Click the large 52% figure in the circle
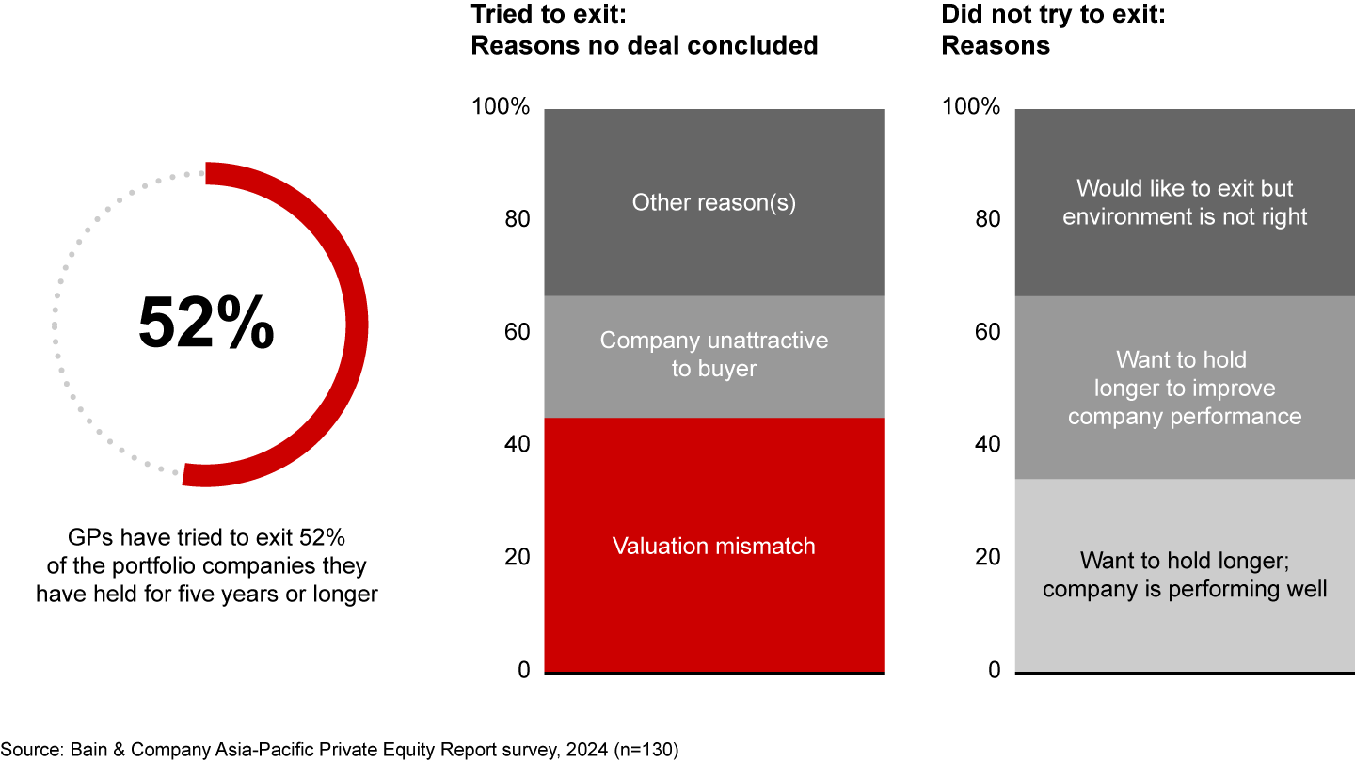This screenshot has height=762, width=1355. click(206, 324)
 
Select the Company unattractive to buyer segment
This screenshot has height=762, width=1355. click(714, 355)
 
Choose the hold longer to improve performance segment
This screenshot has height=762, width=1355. click(1185, 388)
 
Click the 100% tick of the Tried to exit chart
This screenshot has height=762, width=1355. click(500, 107)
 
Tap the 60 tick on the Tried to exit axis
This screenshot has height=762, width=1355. click(517, 332)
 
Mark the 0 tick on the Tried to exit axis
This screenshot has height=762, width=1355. click(523, 670)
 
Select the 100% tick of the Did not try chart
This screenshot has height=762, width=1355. click(970, 107)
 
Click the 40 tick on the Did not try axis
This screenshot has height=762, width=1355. click(987, 444)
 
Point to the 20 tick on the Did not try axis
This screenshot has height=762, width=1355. click(987, 557)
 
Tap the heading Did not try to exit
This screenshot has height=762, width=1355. click(1054, 29)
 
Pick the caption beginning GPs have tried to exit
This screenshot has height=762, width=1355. click(206, 566)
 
